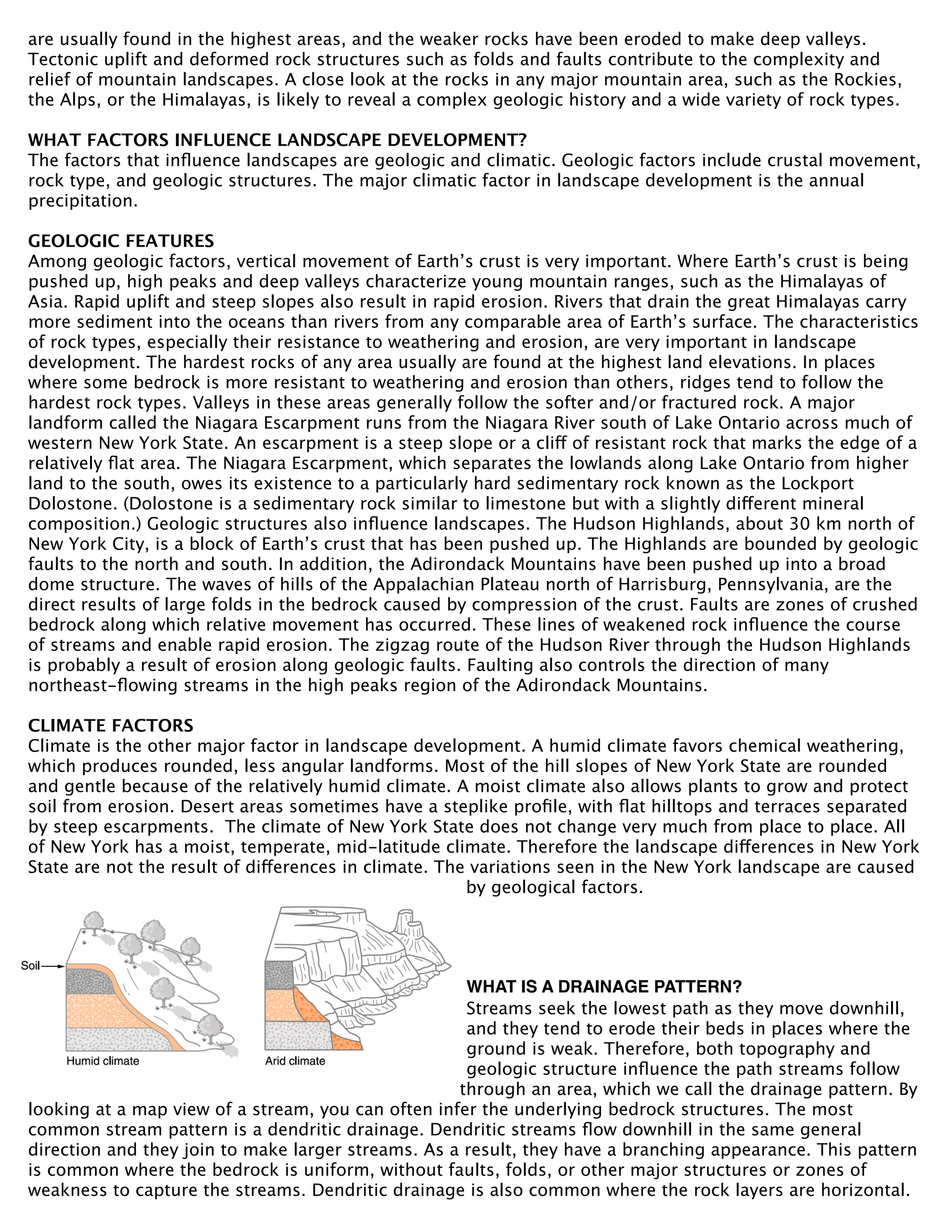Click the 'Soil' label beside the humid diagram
[x=30, y=966]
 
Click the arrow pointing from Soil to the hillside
[x=53, y=966]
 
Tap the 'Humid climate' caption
[x=103, y=1061]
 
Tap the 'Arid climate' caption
[x=295, y=1061]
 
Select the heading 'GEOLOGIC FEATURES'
[x=121, y=241]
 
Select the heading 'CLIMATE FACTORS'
[x=111, y=725]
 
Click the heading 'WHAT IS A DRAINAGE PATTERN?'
[x=604, y=987]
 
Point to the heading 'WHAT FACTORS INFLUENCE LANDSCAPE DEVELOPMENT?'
[x=277, y=140]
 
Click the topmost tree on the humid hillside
[x=93, y=922]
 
